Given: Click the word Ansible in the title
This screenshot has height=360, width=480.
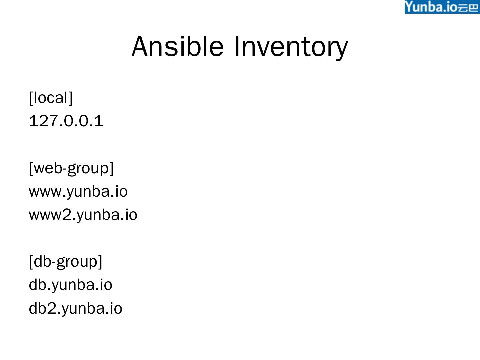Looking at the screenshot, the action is [x=177, y=46].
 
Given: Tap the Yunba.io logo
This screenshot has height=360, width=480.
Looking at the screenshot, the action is [x=442, y=7].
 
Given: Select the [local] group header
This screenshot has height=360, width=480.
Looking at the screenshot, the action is [x=51, y=98].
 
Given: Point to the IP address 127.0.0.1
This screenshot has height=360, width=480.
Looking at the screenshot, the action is [x=66, y=121].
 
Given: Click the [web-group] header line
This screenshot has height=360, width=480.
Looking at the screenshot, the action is [x=71, y=168].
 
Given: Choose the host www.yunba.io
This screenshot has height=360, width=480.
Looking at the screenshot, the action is [x=78, y=191].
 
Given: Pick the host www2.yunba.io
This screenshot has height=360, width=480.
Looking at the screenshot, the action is [x=83, y=215].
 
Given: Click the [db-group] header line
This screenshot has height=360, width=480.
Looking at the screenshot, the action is [x=65, y=261].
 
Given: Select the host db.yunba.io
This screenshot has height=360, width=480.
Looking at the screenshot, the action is [x=71, y=285].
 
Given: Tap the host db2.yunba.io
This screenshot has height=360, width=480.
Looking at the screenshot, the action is [x=76, y=308].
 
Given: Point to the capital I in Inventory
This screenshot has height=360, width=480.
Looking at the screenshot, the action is [x=236, y=46].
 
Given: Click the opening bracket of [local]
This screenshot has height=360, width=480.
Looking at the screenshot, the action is [x=31, y=98].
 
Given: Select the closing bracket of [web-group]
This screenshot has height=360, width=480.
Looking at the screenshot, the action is [x=111, y=168].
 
